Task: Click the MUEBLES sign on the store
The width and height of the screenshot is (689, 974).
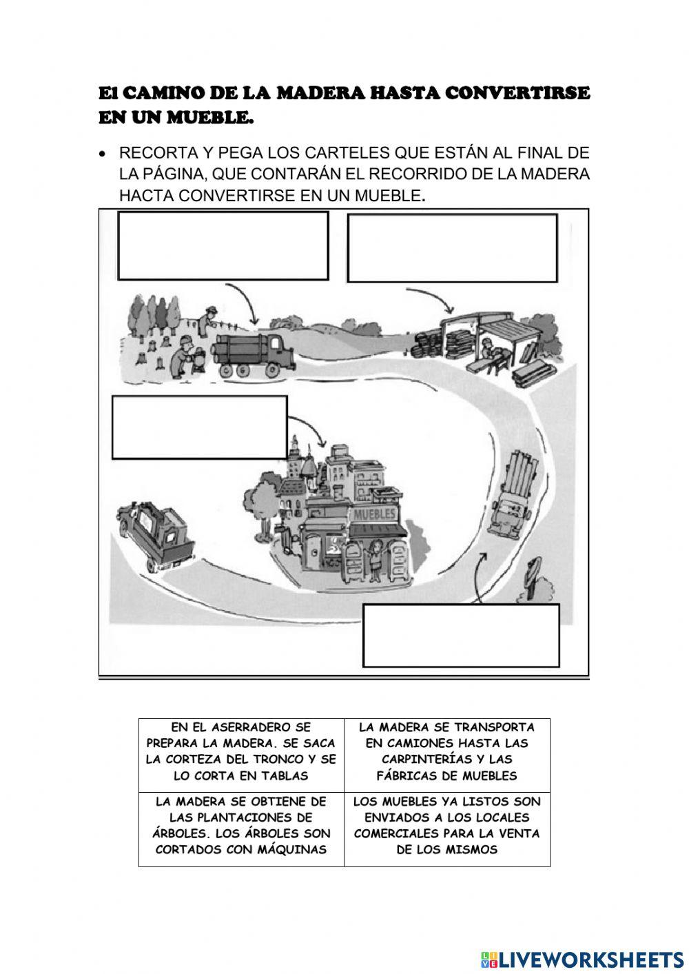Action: [x=374, y=514]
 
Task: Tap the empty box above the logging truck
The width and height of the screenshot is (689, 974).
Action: [x=223, y=245]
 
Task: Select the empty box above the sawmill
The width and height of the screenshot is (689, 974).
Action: [x=452, y=248]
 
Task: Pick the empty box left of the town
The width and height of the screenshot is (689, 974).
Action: [x=199, y=427]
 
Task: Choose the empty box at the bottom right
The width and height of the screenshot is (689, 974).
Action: [x=461, y=636]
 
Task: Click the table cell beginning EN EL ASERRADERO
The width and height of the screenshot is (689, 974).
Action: [x=241, y=751]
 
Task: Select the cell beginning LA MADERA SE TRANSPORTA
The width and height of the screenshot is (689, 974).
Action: [x=446, y=751]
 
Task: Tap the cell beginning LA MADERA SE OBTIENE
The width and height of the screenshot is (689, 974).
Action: [x=241, y=825]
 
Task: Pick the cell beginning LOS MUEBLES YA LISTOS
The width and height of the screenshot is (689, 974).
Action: [x=446, y=825]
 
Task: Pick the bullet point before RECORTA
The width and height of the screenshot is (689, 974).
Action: [x=103, y=152]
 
